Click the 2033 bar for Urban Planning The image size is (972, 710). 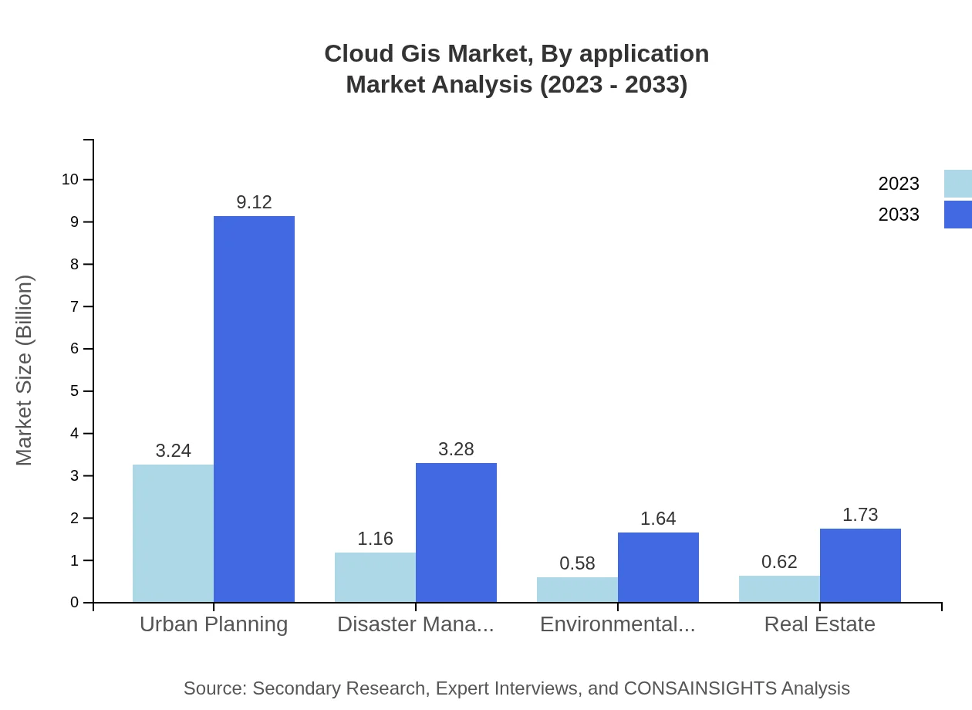point(254,409)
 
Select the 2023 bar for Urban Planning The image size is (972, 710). point(173,533)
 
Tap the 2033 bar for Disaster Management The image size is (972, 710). point(456,532)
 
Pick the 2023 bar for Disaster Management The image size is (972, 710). point(375,577)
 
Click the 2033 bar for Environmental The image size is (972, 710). point(658,567)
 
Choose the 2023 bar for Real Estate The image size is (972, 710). point(779,589)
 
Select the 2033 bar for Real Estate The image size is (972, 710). point(860,565)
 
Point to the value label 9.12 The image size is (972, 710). point(254,202)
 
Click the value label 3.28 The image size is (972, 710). point(456,449)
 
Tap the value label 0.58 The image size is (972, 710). point(577,563)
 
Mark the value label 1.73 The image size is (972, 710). point(860,515)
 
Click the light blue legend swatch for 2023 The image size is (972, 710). point(957,184)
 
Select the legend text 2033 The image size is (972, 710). point(899,215)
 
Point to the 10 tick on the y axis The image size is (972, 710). point(70,180)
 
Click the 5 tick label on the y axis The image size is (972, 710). point(75,391)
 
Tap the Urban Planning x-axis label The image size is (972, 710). point(214,624)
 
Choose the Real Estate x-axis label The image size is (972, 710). point(819,624)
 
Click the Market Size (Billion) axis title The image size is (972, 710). point(25,370)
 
